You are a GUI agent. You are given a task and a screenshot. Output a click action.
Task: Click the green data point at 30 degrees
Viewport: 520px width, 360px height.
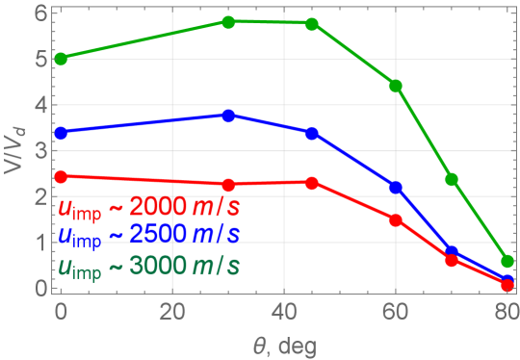228,22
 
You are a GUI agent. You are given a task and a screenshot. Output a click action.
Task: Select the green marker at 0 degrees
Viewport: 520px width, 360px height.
62,59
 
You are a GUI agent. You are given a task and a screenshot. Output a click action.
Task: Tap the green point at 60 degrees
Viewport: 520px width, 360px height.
395,86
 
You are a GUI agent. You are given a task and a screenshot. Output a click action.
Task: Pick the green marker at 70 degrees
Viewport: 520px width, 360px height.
452,180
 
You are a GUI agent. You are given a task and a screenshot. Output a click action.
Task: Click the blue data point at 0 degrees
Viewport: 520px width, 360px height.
62,133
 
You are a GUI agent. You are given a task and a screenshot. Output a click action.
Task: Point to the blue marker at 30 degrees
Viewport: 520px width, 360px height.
228,116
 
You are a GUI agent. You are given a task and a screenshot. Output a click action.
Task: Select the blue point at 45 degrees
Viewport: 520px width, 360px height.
312,133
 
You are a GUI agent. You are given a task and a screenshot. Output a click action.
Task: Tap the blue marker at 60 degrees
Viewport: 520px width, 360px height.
395,187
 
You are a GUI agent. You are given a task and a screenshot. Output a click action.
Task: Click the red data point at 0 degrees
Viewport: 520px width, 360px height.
62,177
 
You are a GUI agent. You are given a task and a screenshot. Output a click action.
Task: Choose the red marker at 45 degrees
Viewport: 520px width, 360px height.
312,183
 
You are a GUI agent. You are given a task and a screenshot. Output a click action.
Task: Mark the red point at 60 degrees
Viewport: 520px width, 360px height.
395,219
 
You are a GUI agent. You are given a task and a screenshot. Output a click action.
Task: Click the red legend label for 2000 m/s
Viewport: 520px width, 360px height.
150,209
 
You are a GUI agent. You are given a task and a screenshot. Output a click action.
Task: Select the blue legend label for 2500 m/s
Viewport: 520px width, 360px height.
148,235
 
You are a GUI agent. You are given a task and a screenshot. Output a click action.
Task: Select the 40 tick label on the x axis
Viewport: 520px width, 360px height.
284,313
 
